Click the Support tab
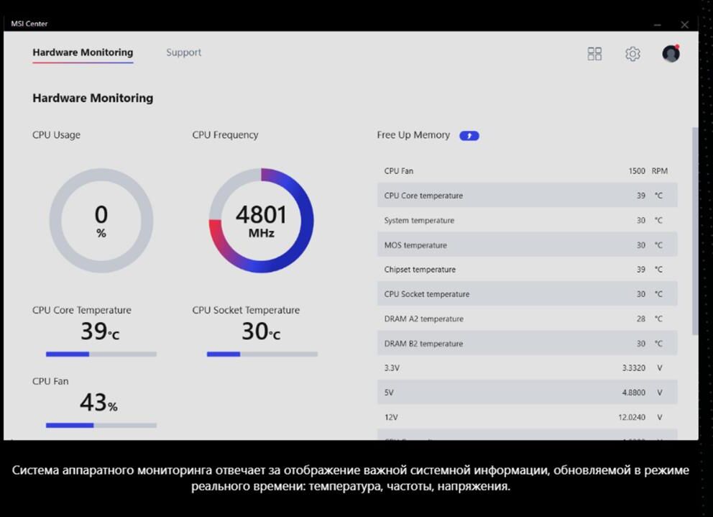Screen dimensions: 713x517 point(183,52)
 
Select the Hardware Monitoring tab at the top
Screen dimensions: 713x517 point(83,52)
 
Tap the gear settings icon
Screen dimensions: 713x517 point(632,54)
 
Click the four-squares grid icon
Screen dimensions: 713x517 point(594,54)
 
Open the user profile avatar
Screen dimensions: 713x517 point(671,53)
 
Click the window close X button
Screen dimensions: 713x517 point(684,24)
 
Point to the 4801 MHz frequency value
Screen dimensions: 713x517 point(261,221)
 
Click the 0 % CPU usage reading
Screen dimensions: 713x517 point(101,221)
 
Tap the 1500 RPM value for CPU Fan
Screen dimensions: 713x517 point(648,171)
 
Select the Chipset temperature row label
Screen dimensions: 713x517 point(420,270)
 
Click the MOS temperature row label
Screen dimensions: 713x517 point(415,245)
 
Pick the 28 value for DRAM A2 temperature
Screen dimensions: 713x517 point(640,319)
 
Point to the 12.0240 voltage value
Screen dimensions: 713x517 point(632,417)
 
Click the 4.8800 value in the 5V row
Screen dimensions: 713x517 point(633,393)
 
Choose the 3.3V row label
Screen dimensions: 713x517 point(392,367)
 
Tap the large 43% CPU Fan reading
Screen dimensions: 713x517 point(98,403)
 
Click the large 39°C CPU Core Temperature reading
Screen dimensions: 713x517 point(100,331)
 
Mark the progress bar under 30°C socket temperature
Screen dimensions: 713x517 point(262,354)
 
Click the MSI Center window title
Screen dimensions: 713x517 point(29,24)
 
